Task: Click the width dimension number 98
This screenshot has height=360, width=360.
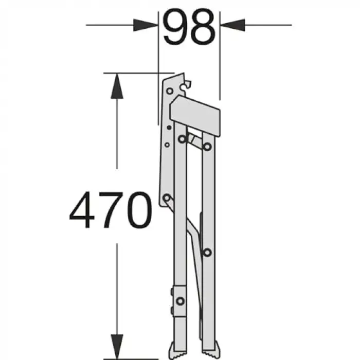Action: tap(189, 26)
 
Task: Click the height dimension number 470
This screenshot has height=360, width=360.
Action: tap(111, 210)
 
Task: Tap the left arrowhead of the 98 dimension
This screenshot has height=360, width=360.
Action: tap(146, 25)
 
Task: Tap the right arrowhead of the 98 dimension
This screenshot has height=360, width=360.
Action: tap(232, 25)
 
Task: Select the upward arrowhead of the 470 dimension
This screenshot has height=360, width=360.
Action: tap(117, 86)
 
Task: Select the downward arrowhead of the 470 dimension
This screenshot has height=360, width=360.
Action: tap(117, 346)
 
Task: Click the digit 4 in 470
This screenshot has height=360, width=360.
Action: tap(82, 210)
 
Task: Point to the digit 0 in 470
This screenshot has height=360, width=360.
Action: tap(139, 210)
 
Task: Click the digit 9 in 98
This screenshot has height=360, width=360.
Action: tap(175, 26)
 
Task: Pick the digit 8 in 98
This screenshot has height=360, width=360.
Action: tap(203, 26)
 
